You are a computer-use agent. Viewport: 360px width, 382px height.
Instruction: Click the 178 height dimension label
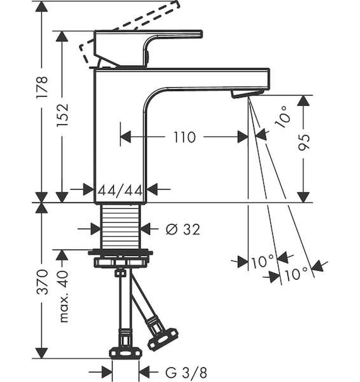click(x=41, y=87)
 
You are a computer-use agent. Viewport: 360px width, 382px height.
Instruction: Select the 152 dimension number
click(x=62, y=115)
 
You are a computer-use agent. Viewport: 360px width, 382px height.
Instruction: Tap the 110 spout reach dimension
click(x=184, y=137)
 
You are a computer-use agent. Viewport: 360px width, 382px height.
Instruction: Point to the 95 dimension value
click(x=304, y=142)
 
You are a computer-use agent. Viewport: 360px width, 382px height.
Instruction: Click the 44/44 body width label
click(x=120, y=190)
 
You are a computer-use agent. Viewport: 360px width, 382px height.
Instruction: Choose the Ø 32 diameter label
click(x=183, y=229)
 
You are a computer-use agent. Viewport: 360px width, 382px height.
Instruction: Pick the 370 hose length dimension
click(x=42, y=282)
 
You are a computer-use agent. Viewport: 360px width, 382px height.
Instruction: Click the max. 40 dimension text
click(x=62, y=297)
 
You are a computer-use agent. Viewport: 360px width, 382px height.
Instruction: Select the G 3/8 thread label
click(x=186, y=372)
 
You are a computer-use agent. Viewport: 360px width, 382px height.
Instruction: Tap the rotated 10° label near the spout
click(x=283, y=117)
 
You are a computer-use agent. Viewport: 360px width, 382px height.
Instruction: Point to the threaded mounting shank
click(x=121, y=227)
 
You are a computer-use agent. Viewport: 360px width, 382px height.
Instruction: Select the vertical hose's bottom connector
click(x=125, y=351)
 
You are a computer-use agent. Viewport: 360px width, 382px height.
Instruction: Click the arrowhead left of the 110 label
click(x=126, y=137)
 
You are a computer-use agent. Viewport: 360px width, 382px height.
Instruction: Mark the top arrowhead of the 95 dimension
click(x=303, y=101)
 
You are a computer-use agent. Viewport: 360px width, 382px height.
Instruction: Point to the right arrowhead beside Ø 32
click(x=146, y=229)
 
